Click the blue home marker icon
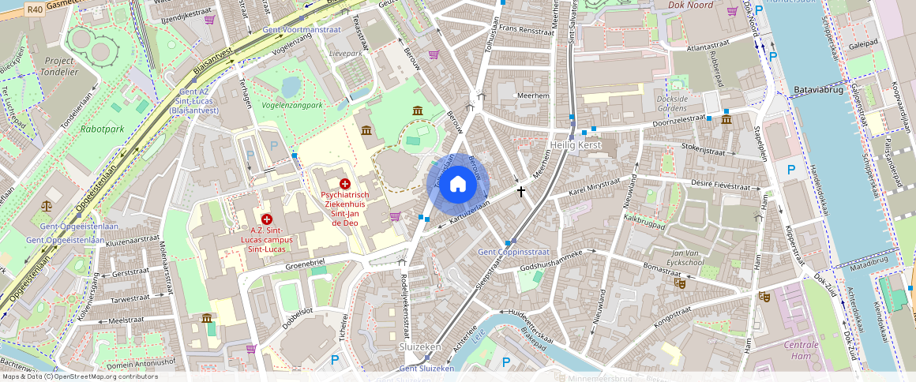pos(458,185)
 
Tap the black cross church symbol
pos(521,191)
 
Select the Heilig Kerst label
pos(576,145)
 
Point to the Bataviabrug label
pos(820,91)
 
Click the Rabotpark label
pos(102,128)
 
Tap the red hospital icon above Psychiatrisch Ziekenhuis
pos(345,183)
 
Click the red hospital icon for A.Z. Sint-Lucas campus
pos(267,219)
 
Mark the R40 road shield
pos(34,9)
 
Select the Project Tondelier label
pos(59,66)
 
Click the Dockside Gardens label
pos(672,103)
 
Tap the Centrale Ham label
pos(801,350)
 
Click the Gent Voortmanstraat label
pos(302,29)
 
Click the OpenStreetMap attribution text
pos(79,376)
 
